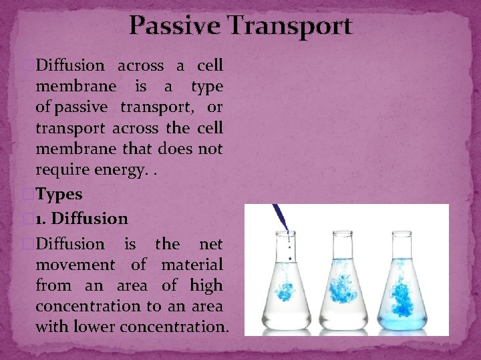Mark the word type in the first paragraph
click(206, 86)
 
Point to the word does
click(174, 150)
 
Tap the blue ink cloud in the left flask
click(287, 294)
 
